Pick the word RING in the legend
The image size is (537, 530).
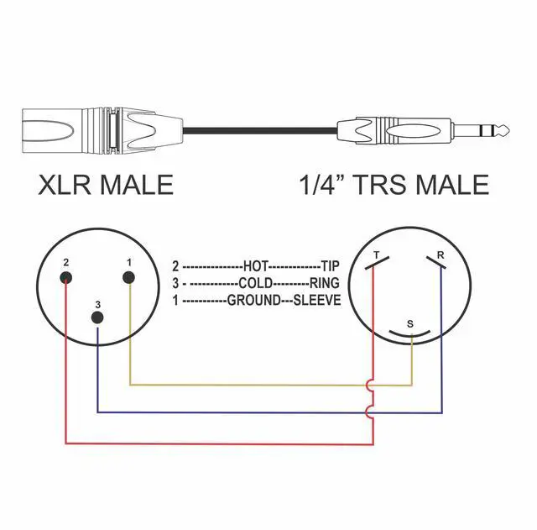point(325,282)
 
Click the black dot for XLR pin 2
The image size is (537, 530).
point(66,279)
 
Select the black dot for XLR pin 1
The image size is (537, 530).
point(129,279)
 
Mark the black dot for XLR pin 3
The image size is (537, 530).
point(98,318)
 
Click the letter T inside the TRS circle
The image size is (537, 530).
point(376,255)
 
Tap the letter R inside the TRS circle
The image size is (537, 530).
point(441,255)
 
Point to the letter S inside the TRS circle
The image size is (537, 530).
point(409,323)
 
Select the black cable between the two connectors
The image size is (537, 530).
point(260,130)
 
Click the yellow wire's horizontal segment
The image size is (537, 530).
point(252,385)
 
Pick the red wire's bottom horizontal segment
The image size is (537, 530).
point(218,443)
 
